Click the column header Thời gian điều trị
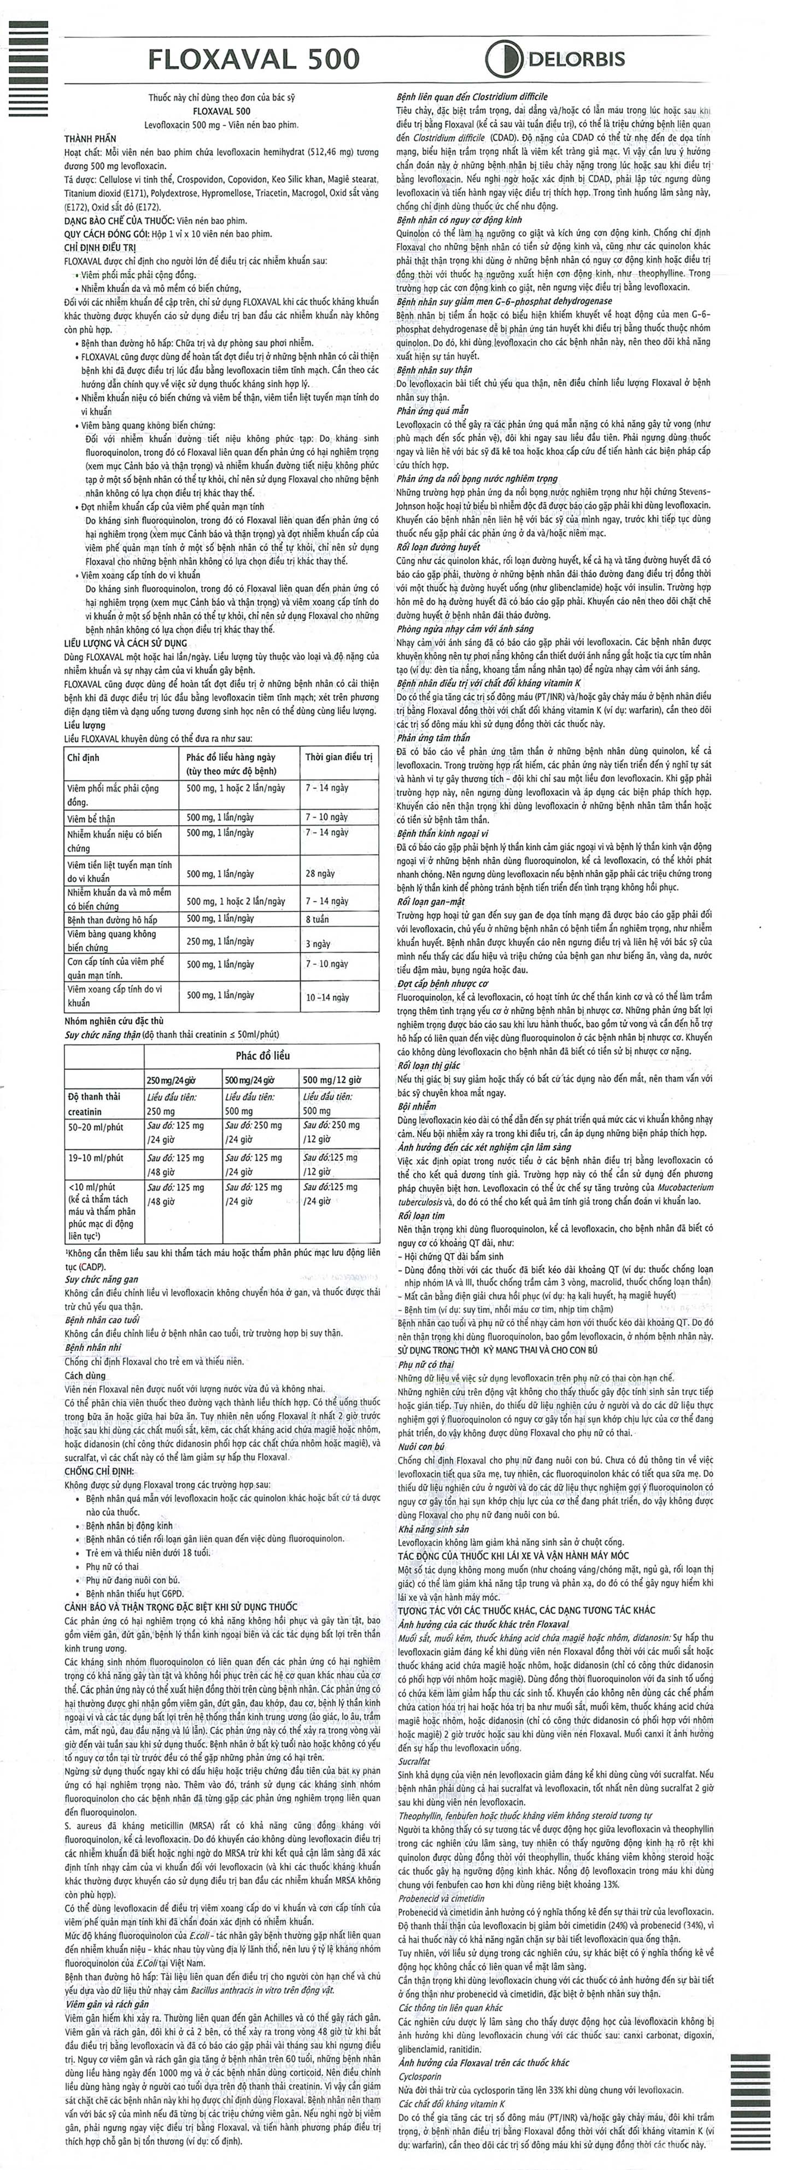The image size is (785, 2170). (x=338, y=757)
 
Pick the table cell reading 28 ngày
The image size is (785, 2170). (x=320, y=874)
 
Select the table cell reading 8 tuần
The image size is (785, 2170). (x=318, y=919)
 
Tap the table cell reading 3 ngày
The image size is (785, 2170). (x=318, y=944)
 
